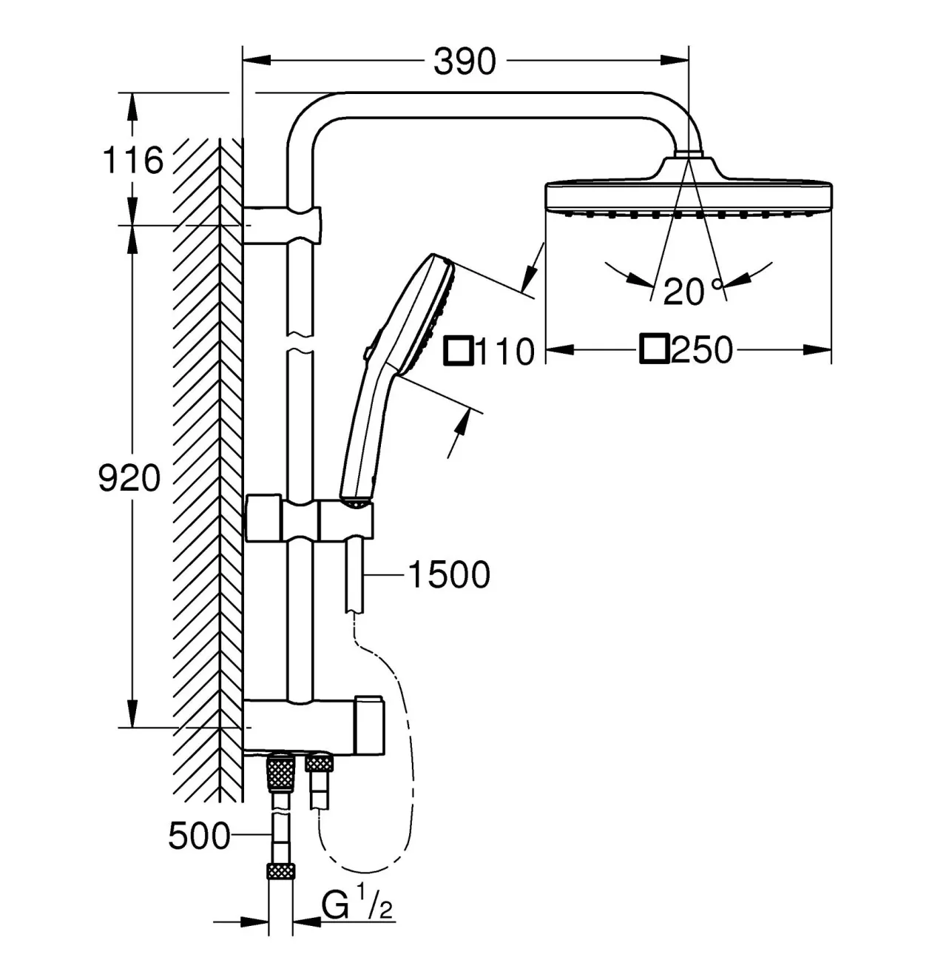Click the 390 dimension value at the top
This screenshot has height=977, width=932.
(465, 61)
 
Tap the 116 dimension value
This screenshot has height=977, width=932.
(132, 160)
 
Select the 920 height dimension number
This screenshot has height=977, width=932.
(129, 478)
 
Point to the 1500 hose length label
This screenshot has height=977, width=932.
(449, 575)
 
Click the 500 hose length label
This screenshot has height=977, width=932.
(199, 836)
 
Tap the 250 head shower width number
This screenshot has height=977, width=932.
(701, 350)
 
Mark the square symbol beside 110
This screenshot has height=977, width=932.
(458, 351)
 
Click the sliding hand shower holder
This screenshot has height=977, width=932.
(309, 518)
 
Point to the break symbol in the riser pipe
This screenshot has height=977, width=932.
(300, 342)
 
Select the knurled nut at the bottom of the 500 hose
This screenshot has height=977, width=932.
(280, 884)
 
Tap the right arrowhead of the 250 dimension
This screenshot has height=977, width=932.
(817, 350)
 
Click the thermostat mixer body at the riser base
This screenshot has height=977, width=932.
(314, 728)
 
